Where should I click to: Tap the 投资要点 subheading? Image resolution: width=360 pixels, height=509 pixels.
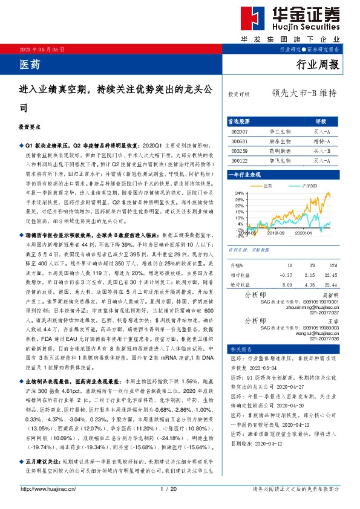pos(31,128)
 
